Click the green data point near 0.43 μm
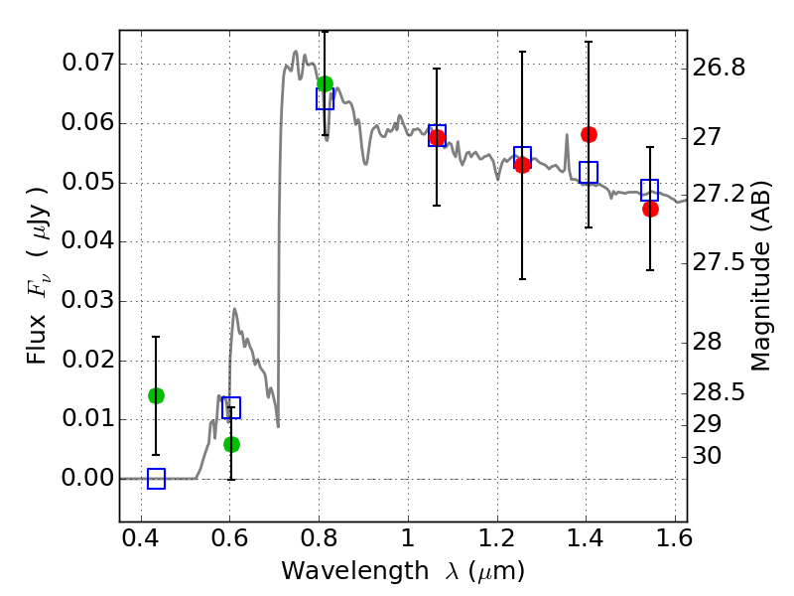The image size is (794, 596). tap(156, 395)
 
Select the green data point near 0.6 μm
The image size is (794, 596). tap(231, 444)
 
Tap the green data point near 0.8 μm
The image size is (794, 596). tap(325, 83)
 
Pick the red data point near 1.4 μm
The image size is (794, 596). tap(589, 134)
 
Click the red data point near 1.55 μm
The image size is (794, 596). tap(650, 209)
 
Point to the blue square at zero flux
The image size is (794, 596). tap(156, 479)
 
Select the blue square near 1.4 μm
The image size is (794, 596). tap(589, 172)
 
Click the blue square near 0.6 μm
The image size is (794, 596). tap(231, 407)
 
